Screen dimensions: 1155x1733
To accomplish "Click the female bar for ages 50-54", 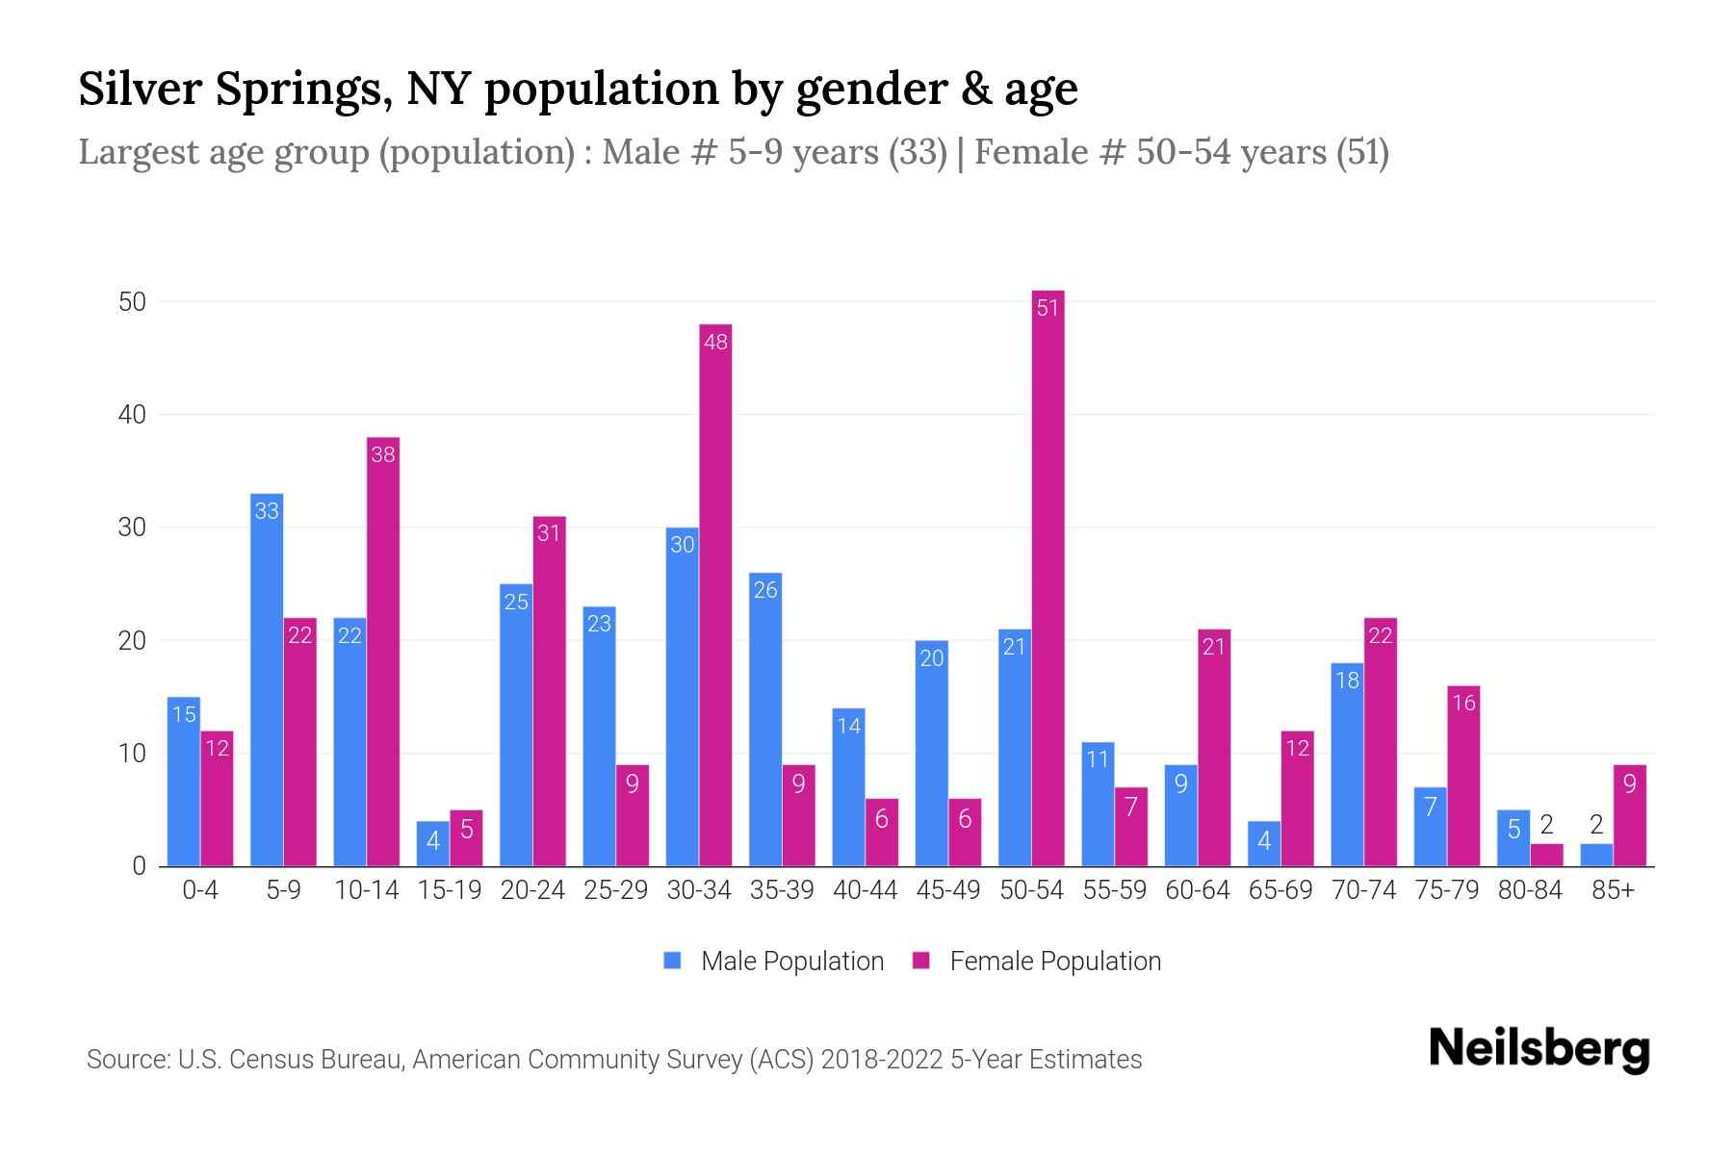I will pyautogui.click(x=1048, y=577).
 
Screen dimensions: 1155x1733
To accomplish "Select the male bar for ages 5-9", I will pyautogui.click(x=267, y=680).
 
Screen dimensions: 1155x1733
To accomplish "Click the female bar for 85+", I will pyautogui.click(x=1629, y=815).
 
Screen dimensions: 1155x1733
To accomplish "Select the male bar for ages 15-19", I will pyautogui.click(x=432, y=843).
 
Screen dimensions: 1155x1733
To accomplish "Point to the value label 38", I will pyautogui.click(x=383, y=454).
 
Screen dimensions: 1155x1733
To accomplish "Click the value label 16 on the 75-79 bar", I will pyautogui.click(x=1463, y=703).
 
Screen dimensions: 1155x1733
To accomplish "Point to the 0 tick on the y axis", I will pyautogui.click(x=139, y=866).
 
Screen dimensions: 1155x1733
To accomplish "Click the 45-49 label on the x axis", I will pyautogui.click(x=947, y=890).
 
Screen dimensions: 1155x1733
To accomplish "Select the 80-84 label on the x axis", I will pyautogui.click(x=1529, y=890).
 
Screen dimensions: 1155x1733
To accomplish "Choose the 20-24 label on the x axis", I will pyautogui.click(x=532, y=890).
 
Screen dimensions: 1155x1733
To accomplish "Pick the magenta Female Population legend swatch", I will pyautogui.click(x=921, y=961).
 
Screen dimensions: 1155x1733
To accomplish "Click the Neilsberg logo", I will pyautogui.click(x=1539, y=1049).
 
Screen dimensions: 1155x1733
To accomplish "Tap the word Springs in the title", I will pyautogui.click(x=302, y=90).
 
